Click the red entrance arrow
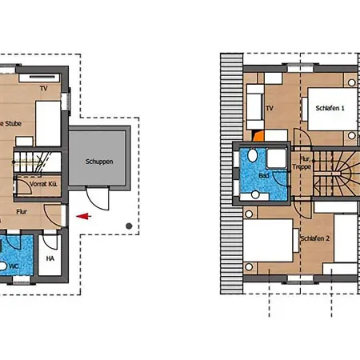[82, 214]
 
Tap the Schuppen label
[99, 161]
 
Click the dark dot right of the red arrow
[129, 225]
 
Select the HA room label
[50, 258]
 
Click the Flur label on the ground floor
[22, 213]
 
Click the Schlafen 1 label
[330, 108]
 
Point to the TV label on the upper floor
[270, 107]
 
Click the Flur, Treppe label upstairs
[301, 164]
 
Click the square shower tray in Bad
[276, 158]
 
